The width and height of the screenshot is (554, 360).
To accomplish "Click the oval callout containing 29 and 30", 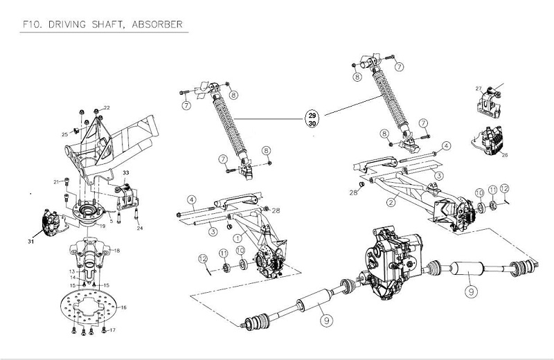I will coord(312,118).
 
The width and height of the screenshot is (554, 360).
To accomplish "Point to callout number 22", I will coord(107,107).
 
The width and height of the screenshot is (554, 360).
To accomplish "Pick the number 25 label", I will coord(66,134).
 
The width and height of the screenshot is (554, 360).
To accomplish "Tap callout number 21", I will coord(57,181).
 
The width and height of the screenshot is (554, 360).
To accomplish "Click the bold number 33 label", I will coord(126,172).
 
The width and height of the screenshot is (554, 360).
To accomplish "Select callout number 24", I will coord(141,228).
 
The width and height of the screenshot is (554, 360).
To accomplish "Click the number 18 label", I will coord(116,250).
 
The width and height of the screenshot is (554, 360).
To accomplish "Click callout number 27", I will coord(478,89).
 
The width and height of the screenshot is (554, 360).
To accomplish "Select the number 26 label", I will coord(505,154).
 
